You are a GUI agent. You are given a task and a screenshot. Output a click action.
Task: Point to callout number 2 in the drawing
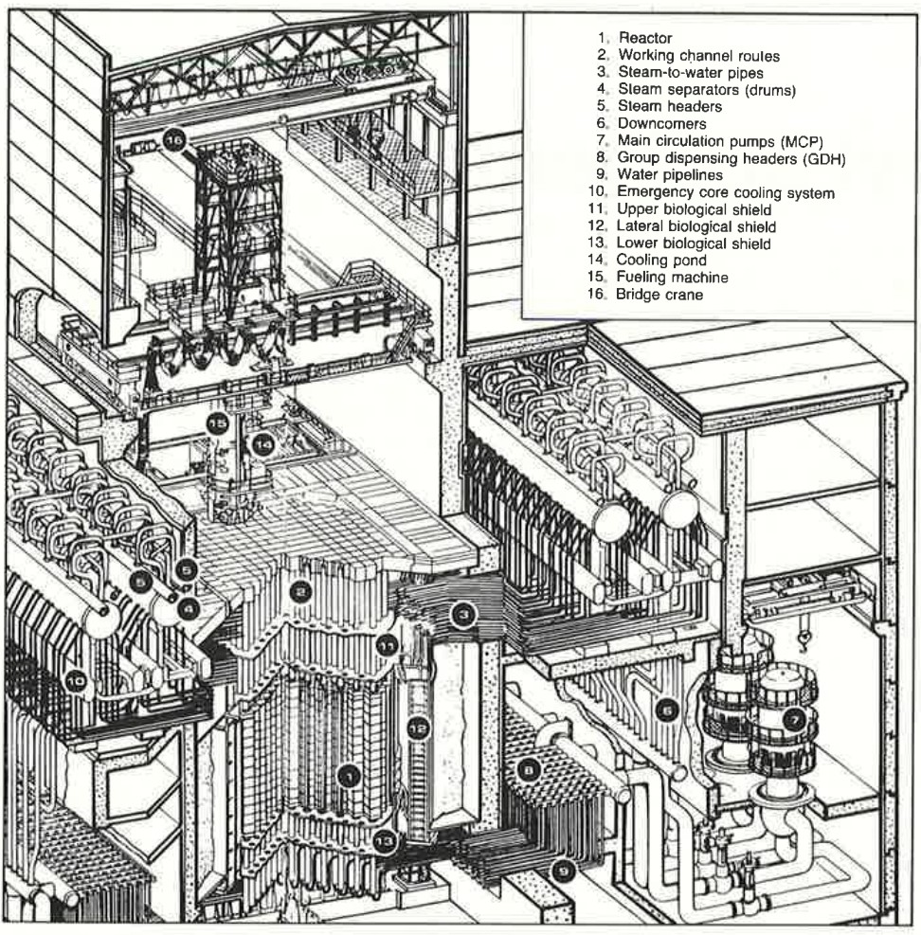(300, 592)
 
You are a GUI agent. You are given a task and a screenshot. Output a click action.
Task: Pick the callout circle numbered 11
(387, 646)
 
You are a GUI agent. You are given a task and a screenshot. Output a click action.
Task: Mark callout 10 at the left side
(75, 678)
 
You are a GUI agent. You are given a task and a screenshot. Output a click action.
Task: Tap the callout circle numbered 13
(385, 838)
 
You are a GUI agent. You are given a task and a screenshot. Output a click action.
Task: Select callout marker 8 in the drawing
(532, 770)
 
